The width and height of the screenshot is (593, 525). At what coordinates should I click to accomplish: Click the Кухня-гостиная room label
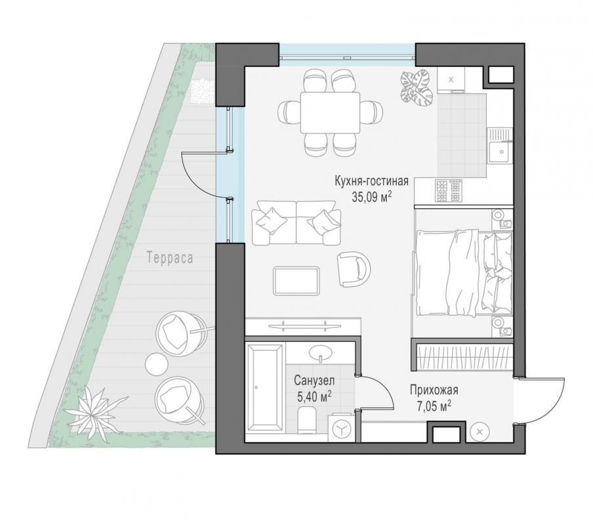[371, 181]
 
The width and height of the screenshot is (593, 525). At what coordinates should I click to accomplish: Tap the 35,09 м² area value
[371, 198]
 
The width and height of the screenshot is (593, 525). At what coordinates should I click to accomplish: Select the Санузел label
[314, 380]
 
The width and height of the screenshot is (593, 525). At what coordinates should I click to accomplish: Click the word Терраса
[170, 258]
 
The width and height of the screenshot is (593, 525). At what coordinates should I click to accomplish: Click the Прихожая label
[434, 390]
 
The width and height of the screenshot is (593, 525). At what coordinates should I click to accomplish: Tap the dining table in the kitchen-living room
[330, 112]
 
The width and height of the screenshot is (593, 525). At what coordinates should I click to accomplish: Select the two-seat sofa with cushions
[296, 222]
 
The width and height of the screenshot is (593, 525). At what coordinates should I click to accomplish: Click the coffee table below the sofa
[296, 280]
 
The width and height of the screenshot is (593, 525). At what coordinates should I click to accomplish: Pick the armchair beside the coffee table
[353, 269]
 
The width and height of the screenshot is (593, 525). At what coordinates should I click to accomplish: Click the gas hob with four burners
[449, 190]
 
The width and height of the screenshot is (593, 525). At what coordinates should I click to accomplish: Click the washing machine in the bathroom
[342, 428]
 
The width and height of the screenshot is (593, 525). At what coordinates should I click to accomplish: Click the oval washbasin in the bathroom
[321, 353]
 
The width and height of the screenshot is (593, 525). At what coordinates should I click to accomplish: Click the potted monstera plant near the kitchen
[417, 87]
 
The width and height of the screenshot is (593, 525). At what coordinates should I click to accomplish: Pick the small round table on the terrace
[157, 364]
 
